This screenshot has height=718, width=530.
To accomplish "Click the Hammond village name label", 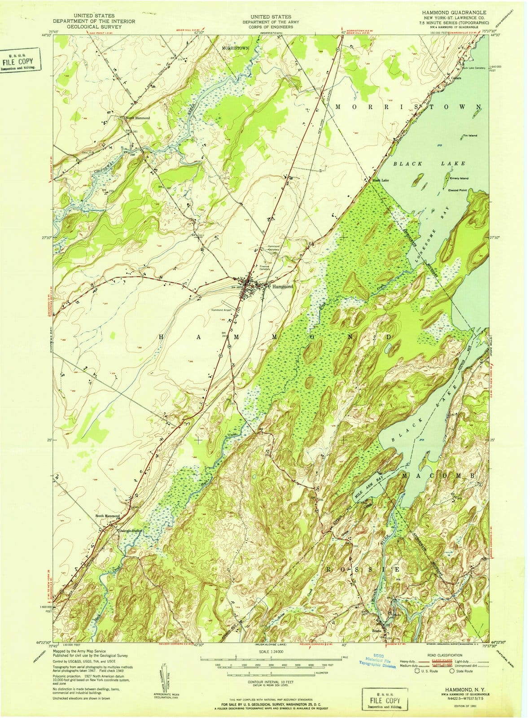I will point(282,286).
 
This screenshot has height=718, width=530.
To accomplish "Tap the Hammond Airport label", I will point(224,310).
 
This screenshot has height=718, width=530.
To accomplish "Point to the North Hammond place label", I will point(138,118).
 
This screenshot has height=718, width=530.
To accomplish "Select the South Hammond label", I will point(108,516).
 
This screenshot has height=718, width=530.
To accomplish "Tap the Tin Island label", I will point(470,136).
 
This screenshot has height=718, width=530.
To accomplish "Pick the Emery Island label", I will point(459,179).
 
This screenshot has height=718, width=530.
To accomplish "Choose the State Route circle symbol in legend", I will point(452,671).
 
